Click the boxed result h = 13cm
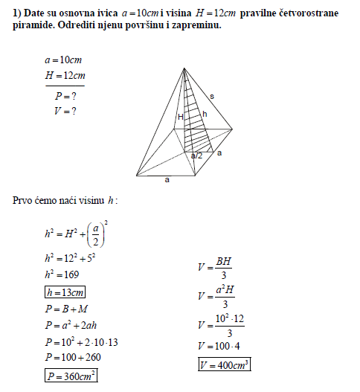click(65, 292)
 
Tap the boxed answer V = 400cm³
click(223, 364)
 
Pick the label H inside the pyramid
click(179, 116)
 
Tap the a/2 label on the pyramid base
click(196, 155)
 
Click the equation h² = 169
click(62, 274)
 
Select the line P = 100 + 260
click(72, 357)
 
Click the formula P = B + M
click(66, 308)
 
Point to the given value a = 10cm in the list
click(62, 60)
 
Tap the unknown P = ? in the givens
click(65, 96)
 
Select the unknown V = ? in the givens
click(65, 112)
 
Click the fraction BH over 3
click(225, 267)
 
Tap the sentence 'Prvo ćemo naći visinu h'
click(65, 201)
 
